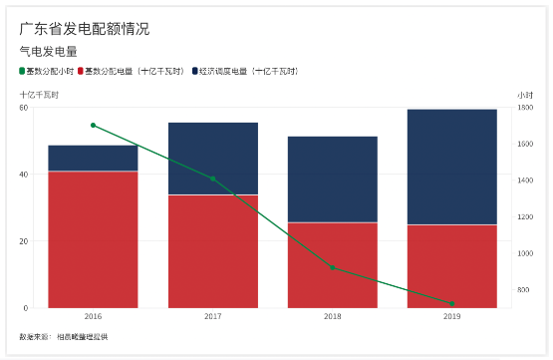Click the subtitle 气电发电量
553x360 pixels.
point(48,51)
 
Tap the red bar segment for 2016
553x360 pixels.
point(93,239)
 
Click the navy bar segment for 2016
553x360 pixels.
point(93,159)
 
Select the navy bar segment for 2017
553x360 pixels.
point(212,159)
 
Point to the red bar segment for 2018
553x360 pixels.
point(332,265)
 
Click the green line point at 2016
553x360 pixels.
point(93,126)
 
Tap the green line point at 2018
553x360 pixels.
point(332,267)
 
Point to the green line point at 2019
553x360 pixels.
point(451,303)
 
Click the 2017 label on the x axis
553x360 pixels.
point(212,316)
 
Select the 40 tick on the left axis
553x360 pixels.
point(23,175)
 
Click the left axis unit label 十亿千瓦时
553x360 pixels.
point(39,94)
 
